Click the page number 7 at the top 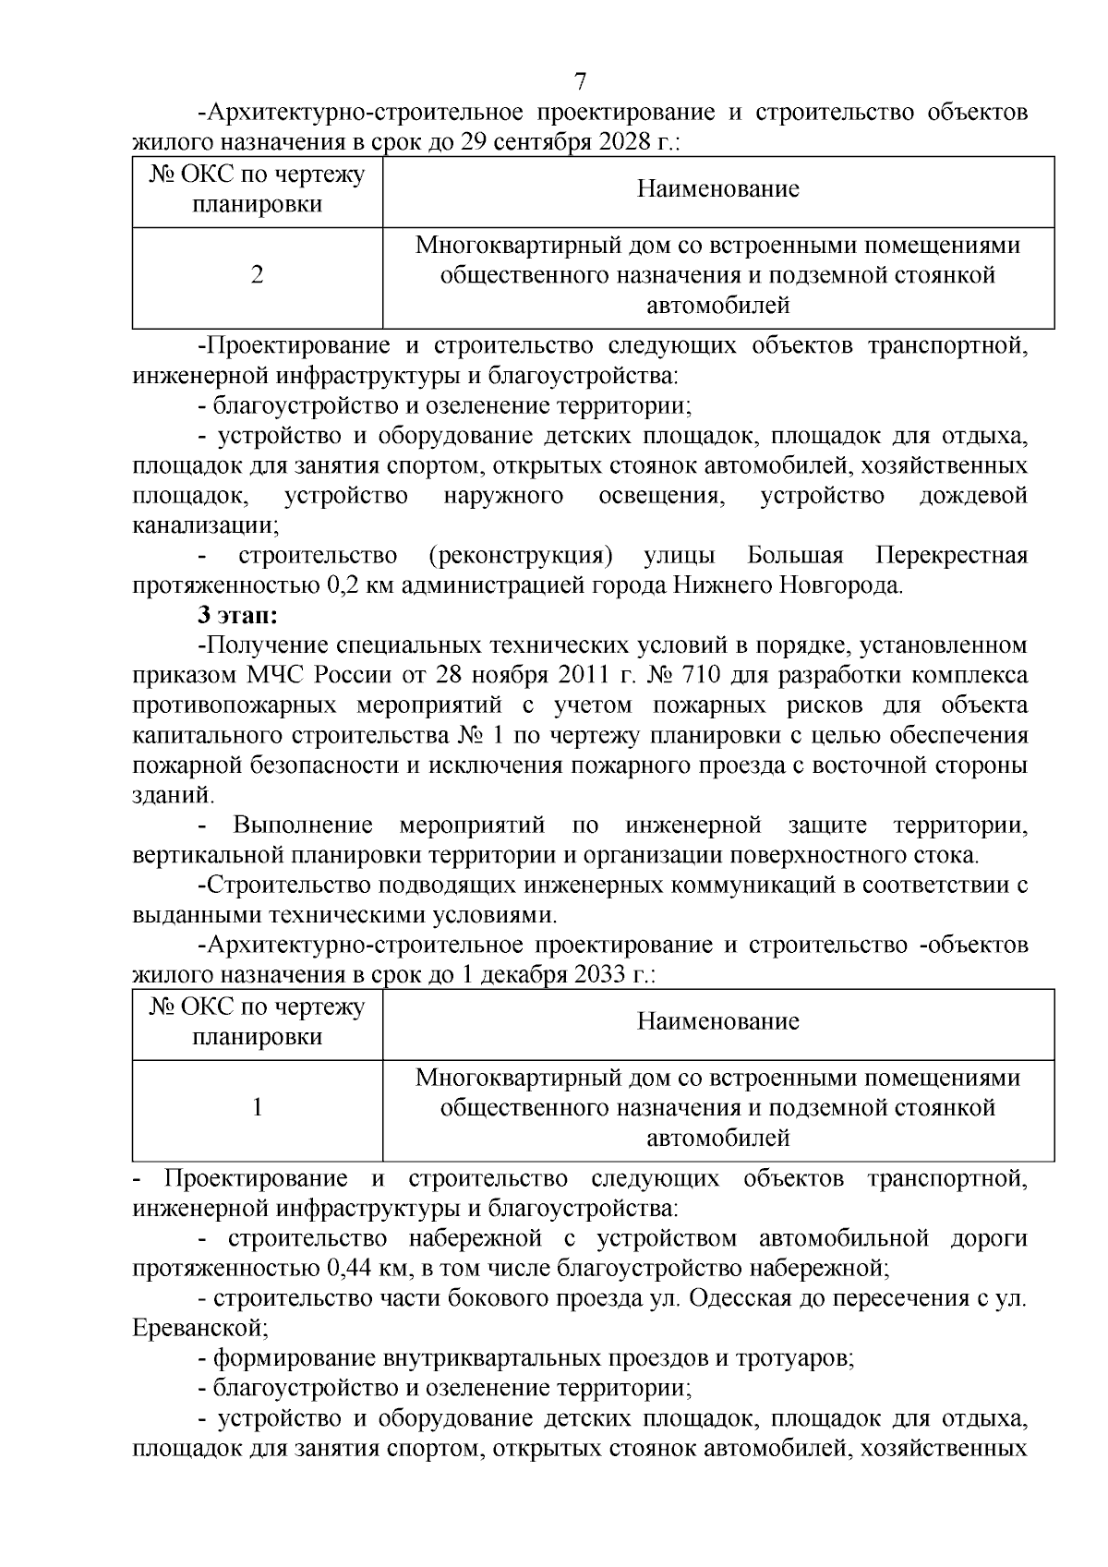pyautogui.click(x=580, y=80)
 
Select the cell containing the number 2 pyautogui.click(x=258, y=275)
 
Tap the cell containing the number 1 pyautogui.click(x=258, y=1107)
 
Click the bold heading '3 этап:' pyautogui.click(x=237, y=616)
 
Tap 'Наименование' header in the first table pyautogui.click(x=717, y=190)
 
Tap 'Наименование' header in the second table pyautogui.click(x=717, y=1021)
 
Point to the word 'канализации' pyautogui.click(x=203, y=526)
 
